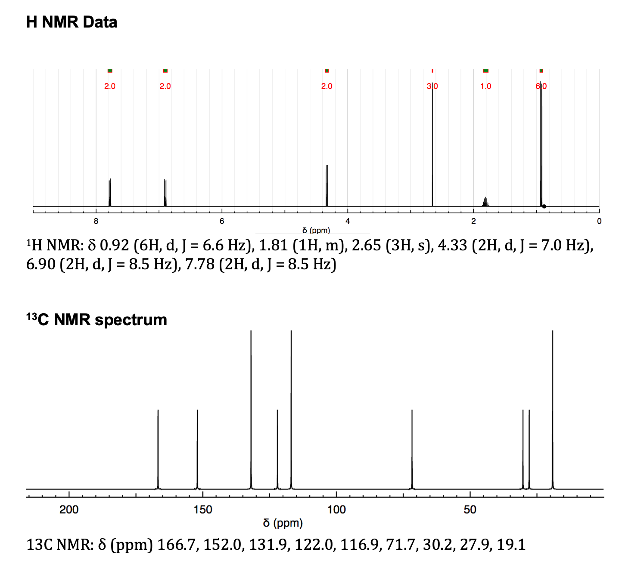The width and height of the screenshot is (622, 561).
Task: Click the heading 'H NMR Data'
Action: [72, 22]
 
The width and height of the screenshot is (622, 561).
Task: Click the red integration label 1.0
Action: [485, 86]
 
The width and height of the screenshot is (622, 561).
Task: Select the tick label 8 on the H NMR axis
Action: [96, 221]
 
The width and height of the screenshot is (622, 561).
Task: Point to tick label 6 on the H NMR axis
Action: [222, 221]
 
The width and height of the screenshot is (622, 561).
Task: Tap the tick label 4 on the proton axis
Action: [348, 221]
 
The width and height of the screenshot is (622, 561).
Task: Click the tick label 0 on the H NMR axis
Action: [599, 221]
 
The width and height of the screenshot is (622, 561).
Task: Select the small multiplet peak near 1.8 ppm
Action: [485, 202]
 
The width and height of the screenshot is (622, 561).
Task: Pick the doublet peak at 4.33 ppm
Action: [327, 185]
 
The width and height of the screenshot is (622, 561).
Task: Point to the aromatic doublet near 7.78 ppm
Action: [110, 191]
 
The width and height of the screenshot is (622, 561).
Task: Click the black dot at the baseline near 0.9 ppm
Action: [544, 207]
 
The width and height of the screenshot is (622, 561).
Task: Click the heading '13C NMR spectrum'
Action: [96, 320]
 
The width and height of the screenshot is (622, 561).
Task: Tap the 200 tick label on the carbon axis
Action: [69, 510]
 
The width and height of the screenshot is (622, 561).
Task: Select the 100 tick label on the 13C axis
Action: [336, 510]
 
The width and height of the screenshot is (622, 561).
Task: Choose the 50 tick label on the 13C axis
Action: [470, 510]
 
